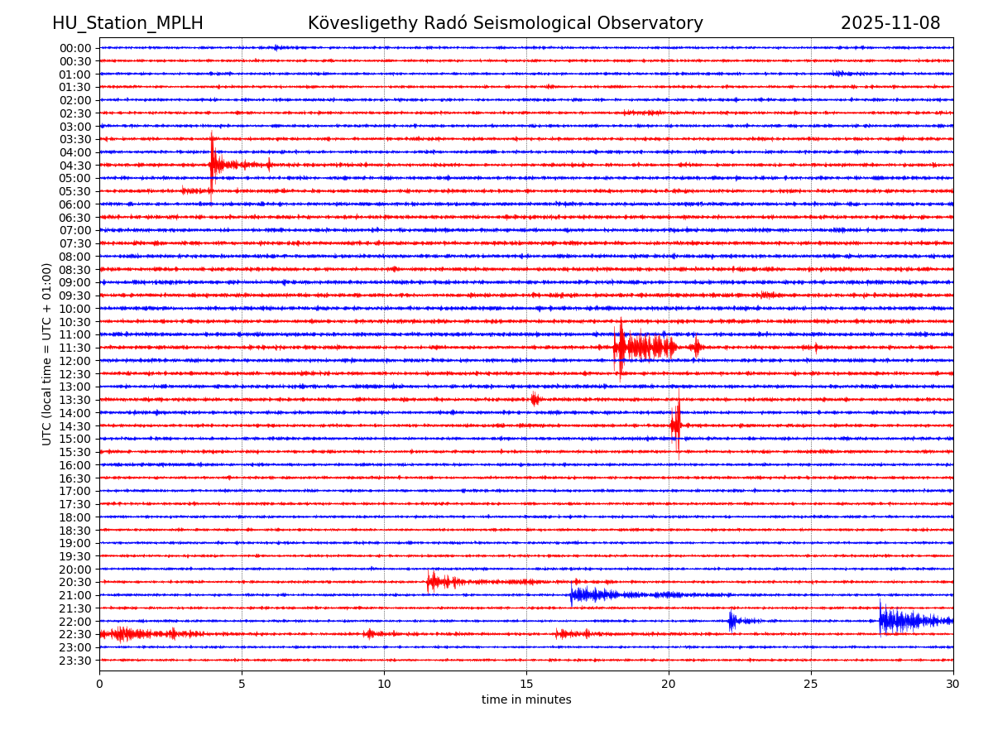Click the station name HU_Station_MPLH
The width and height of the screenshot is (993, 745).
127,23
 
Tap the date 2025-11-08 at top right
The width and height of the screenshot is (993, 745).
890,23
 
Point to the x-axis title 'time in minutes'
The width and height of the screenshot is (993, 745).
526,700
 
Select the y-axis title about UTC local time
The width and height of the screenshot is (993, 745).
47,353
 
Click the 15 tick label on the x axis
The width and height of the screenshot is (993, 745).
526,684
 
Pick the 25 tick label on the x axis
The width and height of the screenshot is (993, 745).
811,684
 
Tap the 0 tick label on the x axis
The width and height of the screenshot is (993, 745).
99,684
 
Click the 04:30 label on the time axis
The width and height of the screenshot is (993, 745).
74,166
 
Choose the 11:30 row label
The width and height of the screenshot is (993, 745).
74,348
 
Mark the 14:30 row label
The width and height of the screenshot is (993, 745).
74,426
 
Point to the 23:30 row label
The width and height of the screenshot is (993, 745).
74,661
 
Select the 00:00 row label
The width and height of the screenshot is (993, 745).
74,48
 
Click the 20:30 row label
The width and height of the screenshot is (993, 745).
74,583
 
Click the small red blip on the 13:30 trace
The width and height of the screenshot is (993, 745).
535,399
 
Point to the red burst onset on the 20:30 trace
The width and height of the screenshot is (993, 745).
430,582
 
